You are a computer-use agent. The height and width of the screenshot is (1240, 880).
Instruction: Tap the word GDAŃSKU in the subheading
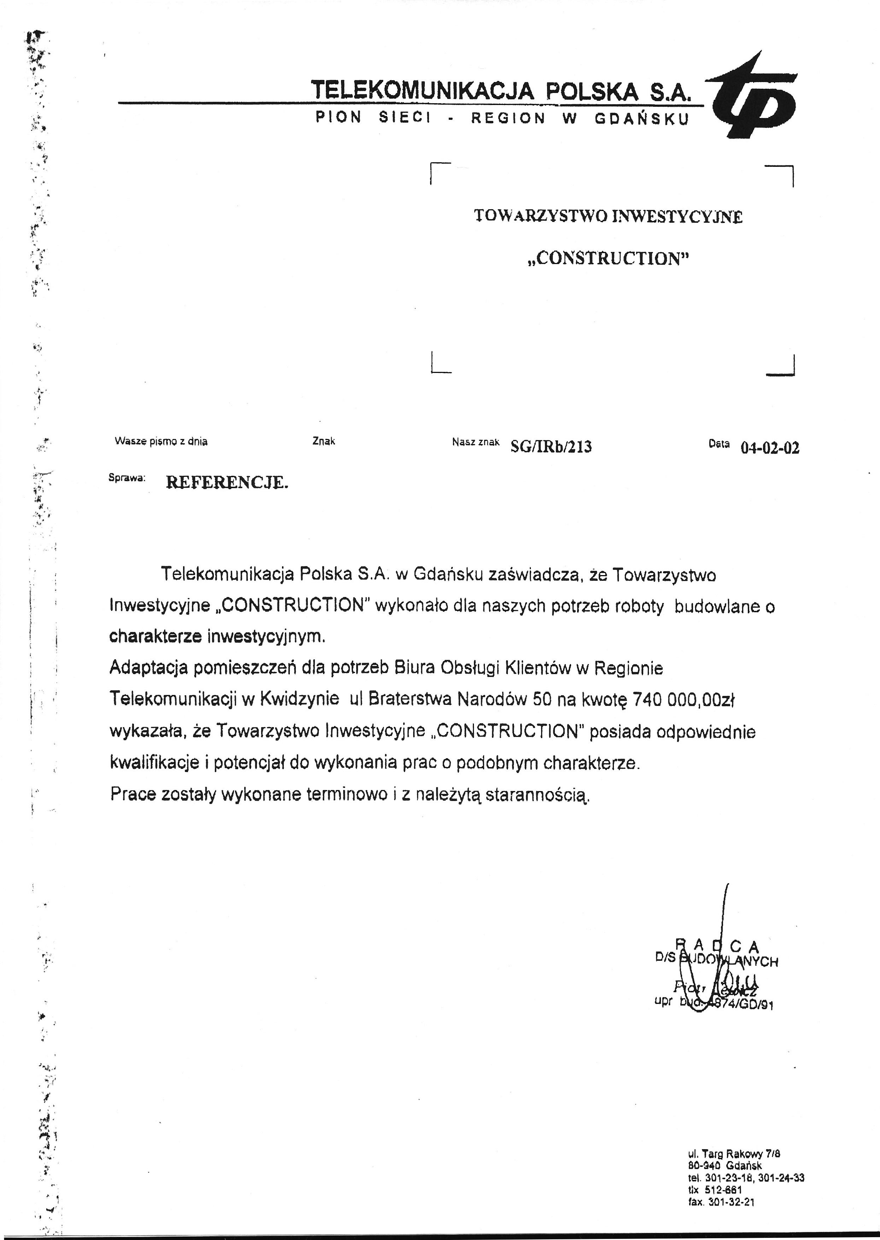click(x=641, y=119)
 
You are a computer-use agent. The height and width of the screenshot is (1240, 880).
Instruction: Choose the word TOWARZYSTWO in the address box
click(x=540, y=217)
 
